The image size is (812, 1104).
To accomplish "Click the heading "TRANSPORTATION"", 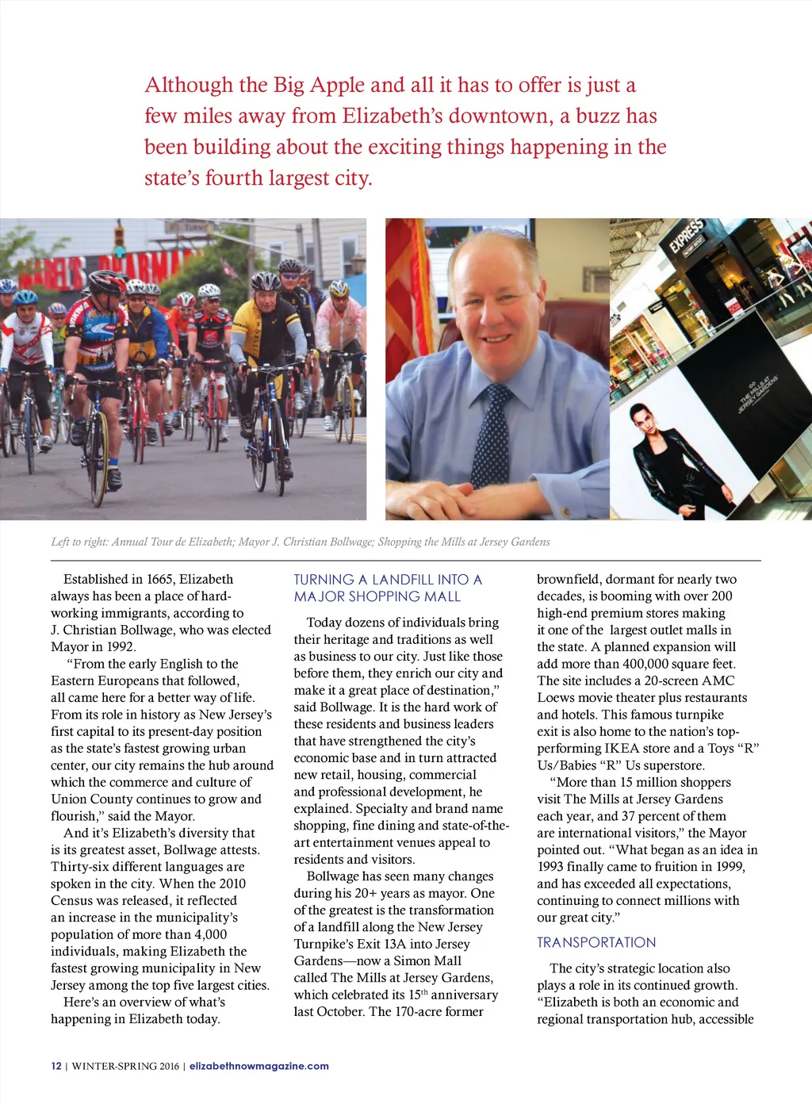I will coord(596,942).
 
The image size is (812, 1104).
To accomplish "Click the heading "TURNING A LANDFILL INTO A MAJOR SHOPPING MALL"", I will coord(388,588).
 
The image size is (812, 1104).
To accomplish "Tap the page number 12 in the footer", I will coord(56,1066).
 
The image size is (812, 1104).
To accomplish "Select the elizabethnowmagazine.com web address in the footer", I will coord(259,1066).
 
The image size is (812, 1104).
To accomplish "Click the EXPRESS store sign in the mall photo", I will coord(686,236).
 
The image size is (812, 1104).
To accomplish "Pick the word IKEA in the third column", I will coord(622,748).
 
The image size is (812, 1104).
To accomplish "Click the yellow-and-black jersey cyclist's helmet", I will coord(265,281).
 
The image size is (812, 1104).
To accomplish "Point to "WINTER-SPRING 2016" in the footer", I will coord(125,1066).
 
